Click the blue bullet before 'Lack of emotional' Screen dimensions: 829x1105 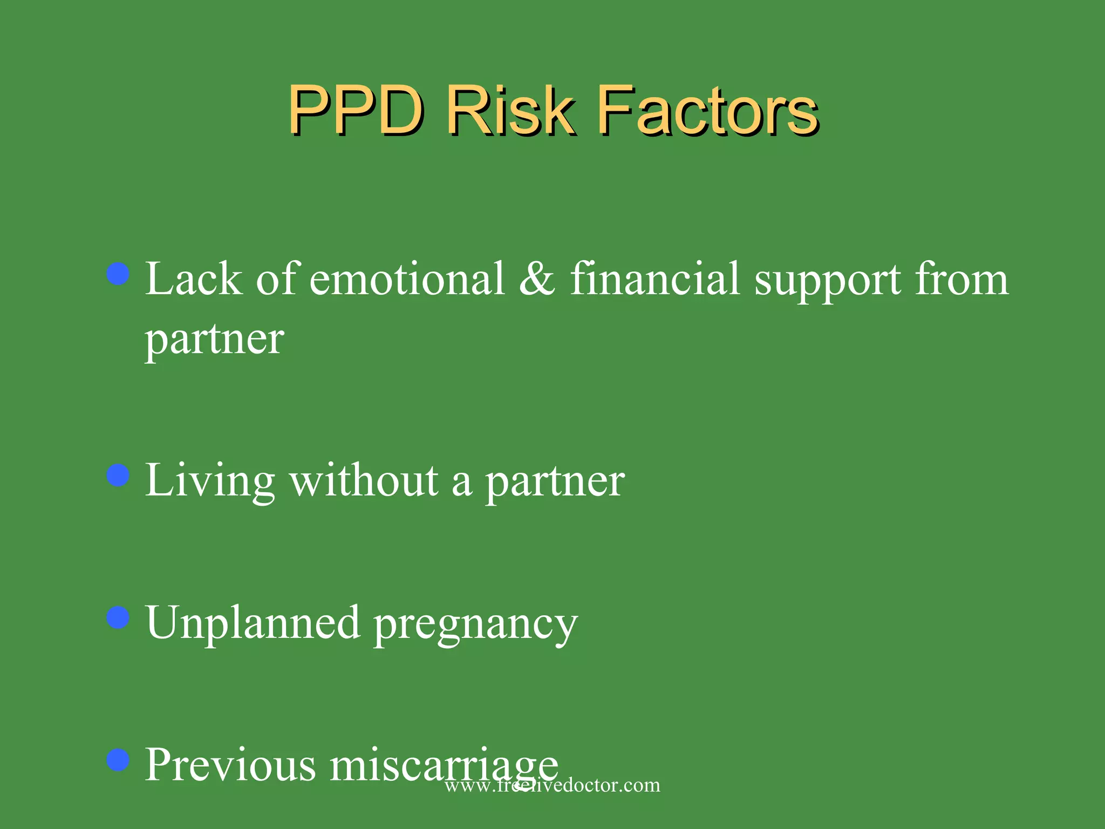118,274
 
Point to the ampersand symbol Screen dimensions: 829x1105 537,279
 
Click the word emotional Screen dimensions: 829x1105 407,279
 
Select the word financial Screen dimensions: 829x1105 655,279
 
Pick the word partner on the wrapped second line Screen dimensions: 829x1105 214,340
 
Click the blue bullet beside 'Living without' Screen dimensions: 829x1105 118,475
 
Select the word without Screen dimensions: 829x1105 364,481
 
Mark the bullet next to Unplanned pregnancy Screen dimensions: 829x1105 118,617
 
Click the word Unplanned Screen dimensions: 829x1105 253,623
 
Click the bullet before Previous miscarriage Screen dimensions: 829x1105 118,759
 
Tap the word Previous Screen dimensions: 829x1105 230,765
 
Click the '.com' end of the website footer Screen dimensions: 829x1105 641,785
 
